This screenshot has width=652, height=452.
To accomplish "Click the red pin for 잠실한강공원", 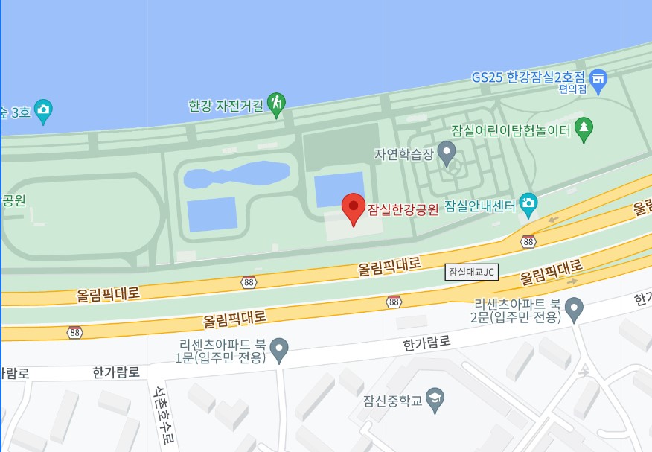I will [x=353, y=206].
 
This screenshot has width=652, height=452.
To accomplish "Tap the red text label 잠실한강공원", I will [x=403, y=209].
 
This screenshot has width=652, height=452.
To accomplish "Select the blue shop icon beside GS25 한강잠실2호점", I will [x=598, y=77].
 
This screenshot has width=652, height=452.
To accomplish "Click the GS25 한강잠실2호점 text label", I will [x=528, y=77].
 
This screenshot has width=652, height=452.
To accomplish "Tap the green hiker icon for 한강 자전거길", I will [x=277, y=104].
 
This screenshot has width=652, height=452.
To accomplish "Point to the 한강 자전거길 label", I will [x=226, y=106].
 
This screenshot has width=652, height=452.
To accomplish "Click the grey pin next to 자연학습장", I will [x=447, y=154].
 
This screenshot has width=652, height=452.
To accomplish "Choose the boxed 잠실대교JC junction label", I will [x=472, y=272].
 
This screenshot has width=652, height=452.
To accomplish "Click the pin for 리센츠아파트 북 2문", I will [x=574, y=307].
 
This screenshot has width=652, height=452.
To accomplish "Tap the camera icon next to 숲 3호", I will [x=42, y=111].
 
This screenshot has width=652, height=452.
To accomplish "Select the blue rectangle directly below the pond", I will [x=212, y=214].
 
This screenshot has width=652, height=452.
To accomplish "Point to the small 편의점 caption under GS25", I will [x=573, y=89].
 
